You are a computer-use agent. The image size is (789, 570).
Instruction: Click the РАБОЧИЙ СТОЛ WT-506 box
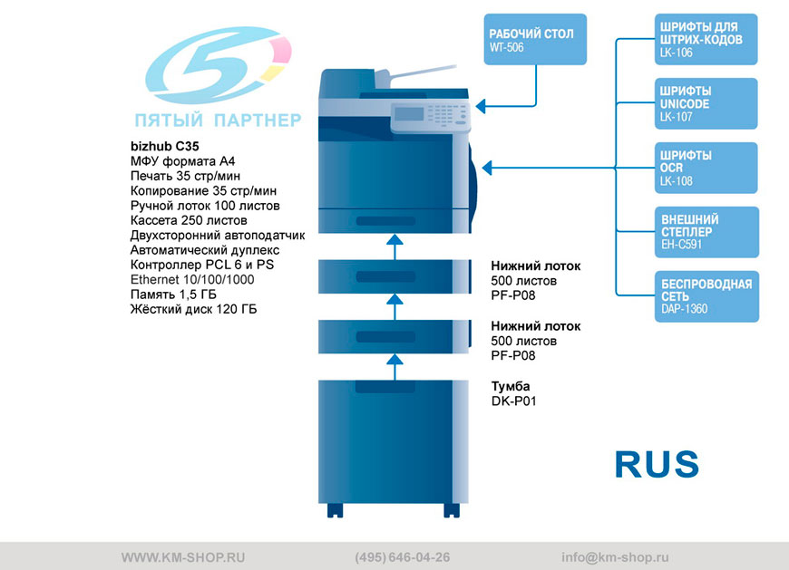(535, 39)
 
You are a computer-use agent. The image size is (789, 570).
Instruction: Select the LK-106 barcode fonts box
(706, 39)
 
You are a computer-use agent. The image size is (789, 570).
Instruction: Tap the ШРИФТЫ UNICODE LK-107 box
(706, 103)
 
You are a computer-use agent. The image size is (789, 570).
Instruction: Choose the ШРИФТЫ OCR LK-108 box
(706, 168)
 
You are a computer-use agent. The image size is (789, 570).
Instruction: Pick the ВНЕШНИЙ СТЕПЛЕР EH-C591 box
(706, 232)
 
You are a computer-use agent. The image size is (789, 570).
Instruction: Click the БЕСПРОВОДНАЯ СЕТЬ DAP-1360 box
(706, 296)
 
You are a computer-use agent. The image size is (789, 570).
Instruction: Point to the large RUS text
(657, 464)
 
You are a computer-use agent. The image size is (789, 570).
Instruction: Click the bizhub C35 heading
(164, 146)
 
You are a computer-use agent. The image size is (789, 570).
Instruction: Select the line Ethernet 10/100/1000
(192, 279)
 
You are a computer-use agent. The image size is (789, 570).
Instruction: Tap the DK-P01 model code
(513, 401)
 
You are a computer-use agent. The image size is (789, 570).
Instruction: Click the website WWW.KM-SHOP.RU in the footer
(183, 557)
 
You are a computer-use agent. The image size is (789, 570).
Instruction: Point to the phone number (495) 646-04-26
(403, 557)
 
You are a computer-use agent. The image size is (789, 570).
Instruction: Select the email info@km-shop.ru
(615, 557)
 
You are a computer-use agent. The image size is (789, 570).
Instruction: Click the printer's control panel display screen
(409, 113)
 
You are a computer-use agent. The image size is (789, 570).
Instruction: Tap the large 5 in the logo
(218, 64)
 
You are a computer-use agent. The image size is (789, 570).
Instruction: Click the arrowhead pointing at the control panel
(481, 106)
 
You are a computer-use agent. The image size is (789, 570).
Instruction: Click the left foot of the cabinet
(336, 510)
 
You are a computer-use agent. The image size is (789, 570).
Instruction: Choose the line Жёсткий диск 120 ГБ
(194, 309)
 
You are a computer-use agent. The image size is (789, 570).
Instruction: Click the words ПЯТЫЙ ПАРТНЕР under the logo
(218, 121)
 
